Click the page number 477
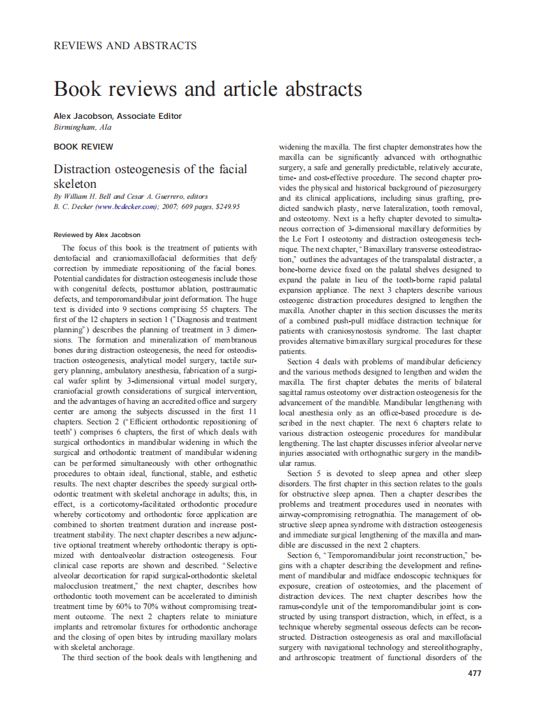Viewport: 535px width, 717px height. [474, 673]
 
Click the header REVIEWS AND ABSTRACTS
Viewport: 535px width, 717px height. [125, 45]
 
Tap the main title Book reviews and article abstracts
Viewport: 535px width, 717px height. [208, 88]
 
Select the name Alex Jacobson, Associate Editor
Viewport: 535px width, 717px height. [117, 116]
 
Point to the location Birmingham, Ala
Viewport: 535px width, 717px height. [82, 127]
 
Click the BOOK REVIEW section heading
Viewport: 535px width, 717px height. [84, 146]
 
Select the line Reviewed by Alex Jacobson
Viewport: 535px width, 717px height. [97, 235]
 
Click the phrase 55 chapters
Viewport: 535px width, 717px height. [229, 309]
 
